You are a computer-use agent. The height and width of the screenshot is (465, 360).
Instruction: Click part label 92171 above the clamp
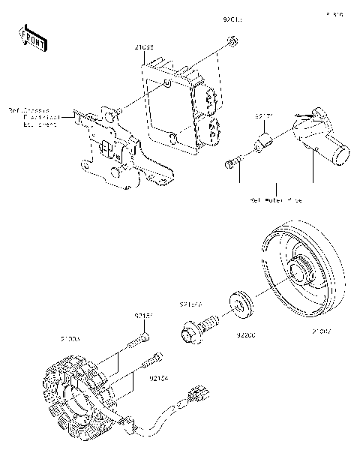[262, 117]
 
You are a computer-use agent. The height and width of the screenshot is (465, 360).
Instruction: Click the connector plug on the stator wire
[202, 393]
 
